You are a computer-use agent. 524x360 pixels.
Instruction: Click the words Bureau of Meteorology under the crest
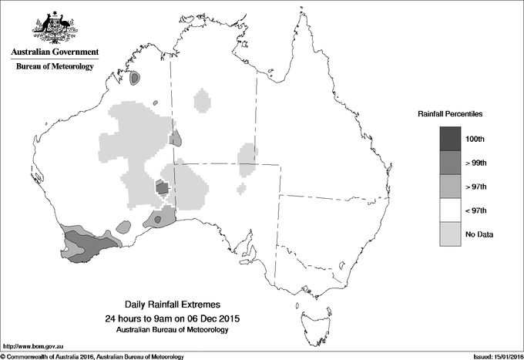click(54, 67)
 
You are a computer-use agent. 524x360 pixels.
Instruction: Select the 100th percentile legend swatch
click(451, 139)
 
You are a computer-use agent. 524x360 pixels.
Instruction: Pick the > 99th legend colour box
click(451, 163)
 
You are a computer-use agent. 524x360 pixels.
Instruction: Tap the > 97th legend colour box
click(451, 187)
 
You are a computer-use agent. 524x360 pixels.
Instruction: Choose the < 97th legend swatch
click(451, 210)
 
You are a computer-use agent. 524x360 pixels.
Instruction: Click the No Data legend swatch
click(451, 234)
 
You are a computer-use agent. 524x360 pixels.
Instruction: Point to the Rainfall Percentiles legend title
click(450, 114)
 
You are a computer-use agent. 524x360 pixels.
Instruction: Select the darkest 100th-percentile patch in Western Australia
click(162, 187)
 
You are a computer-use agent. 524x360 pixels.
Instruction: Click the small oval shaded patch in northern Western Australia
click(136, 78)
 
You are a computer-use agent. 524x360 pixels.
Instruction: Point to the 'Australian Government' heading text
click(54, 52)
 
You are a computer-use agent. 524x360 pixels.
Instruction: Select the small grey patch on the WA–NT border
click(176, 139)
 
